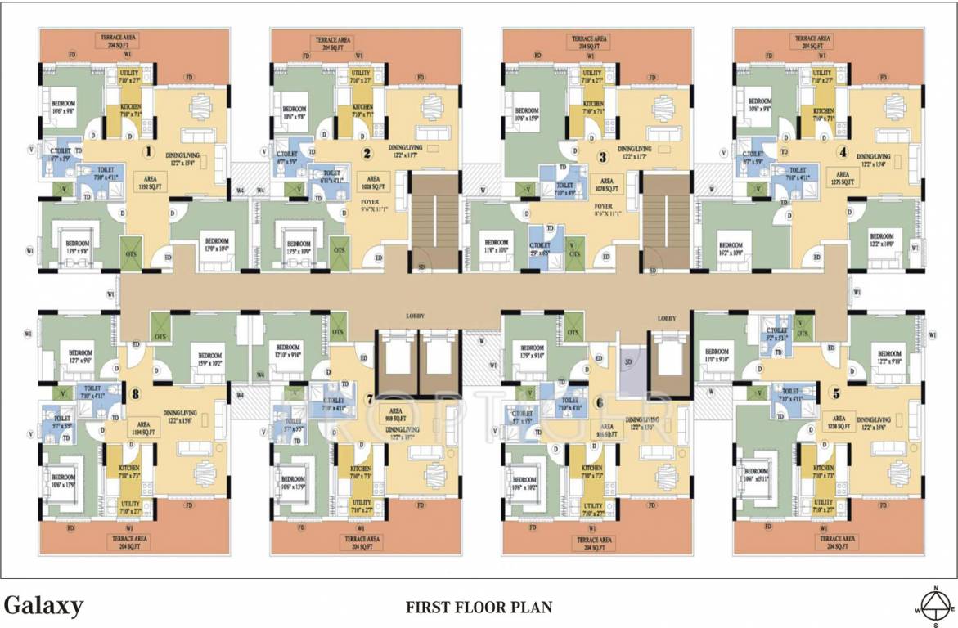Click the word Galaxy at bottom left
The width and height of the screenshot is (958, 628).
(x=43, y=606)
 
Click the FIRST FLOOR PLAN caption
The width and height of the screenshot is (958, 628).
(x=479, y=608)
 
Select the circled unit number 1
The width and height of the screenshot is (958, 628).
(x=149, y=151)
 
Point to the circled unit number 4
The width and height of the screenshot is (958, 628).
(x=842, y=151)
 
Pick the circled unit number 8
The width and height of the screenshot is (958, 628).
(x=135, y=393)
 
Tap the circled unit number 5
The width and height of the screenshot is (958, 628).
(x=835, y=393)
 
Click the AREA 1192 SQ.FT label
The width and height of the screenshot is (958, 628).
(x=144, y=183)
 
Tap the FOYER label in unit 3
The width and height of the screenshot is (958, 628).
(x=604, y=209)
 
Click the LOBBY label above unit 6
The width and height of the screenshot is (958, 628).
(x=667, y=317)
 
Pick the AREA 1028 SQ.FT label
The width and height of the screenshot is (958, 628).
(x=373, y=183)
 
